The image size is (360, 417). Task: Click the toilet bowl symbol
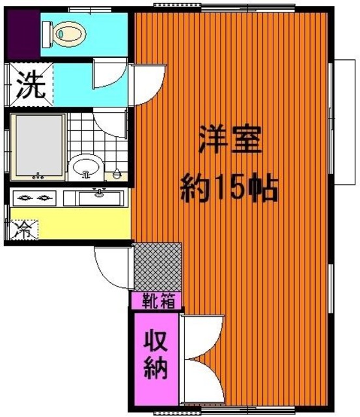(x=65, y=32)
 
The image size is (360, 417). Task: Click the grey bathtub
(x=38, y=145)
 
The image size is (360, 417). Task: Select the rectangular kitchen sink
(x=100, y=197)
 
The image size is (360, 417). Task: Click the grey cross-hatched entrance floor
(x=158, y=266)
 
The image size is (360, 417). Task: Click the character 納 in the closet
(x=156, y=369)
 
